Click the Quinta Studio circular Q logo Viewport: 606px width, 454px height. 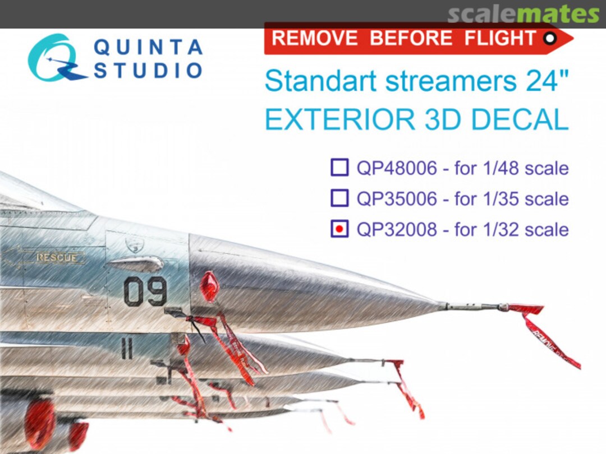pyautogui.click(x=54, y=58)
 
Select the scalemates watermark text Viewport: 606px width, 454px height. pyautogui.click(x=523, y=15)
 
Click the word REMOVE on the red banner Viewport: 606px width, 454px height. pyautogui.click(x=315, y=38)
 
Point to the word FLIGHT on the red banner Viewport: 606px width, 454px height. pyautogui.click(x=500, y=38)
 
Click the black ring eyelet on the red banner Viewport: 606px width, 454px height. pyautogui.click(x=550, y=38)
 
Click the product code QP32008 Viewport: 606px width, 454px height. pyautogui.click(x=396, y=229)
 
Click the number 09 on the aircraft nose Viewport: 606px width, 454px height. pyautogui.click(x=145, y=291)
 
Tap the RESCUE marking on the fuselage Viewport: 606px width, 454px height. pyautogui.click(x=57, y=258)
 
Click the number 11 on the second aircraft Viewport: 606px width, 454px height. pyautogui.click(x=127, y=350)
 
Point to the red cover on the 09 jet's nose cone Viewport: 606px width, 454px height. pyautogui.click(x=209, y=286)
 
